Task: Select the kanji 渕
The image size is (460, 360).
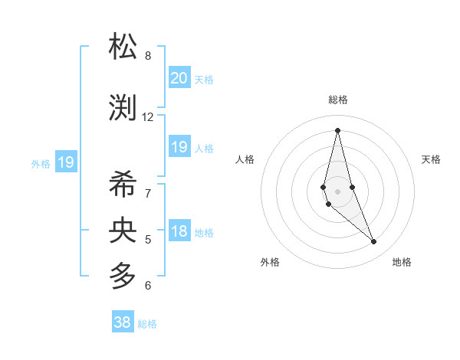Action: (x=124, y=107)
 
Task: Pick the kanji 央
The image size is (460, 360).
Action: (x=124, y=229)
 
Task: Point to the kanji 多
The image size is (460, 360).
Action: (x=124, y=275)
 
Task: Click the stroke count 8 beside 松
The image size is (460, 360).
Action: (x=148, y=55)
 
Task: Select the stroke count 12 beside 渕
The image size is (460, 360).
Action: (x=148, y=117)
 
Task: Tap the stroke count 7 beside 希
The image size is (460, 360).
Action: (x=148, y=193)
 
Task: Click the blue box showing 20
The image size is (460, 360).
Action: (x=179, y=77)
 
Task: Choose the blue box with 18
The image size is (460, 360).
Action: (x=179, y=231)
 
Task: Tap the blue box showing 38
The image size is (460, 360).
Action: (x=122, y=322)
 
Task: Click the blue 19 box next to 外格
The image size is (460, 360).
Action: (x=65, y=162)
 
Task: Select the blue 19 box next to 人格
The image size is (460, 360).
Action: (x=179, y=147)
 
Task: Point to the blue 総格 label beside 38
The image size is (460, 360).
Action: (x=147, y=324)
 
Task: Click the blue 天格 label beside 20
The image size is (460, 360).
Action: (x=204, y=79)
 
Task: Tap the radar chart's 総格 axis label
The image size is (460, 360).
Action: (x=338, y=100)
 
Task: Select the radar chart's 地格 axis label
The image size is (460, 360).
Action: (x=402, y=262)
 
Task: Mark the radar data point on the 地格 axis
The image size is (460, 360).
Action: (x=374, y=242)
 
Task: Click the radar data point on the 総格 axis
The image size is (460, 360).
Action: (x=337, y=130)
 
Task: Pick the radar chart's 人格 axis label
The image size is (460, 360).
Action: (x=245, y=159)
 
